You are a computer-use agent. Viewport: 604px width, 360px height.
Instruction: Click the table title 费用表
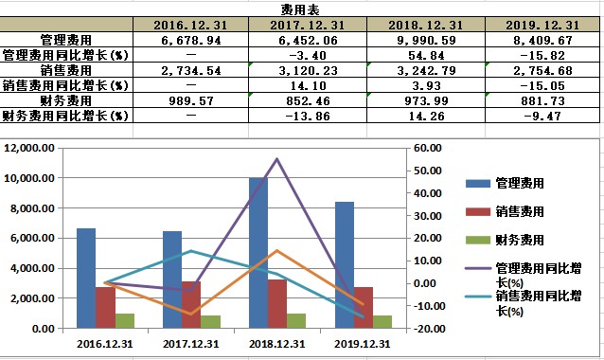pyautogui.click(x=303, y=8)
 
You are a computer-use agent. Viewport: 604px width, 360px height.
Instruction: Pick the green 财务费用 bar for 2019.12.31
pyautogui.click(x=382, y=322)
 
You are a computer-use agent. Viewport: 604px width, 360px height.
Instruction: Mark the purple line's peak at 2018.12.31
pyautogui.click(x=276, y=159)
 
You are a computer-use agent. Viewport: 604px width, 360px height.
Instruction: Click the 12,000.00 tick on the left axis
pyautogui.click(x=31, y=149)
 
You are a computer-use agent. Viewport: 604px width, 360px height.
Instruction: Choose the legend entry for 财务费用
pyautogui.click(x=521, y=240)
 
